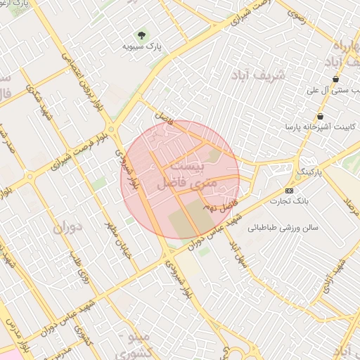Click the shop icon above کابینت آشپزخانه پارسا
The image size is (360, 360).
pyautogui.click(x=321, y=116)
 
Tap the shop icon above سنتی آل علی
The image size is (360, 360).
pyautogui.click(x=335, y=79)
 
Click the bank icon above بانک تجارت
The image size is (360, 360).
pyautogui.click(x=289, y=191)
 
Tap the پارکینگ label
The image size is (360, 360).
pyautogui.click(x=309, y=171)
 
